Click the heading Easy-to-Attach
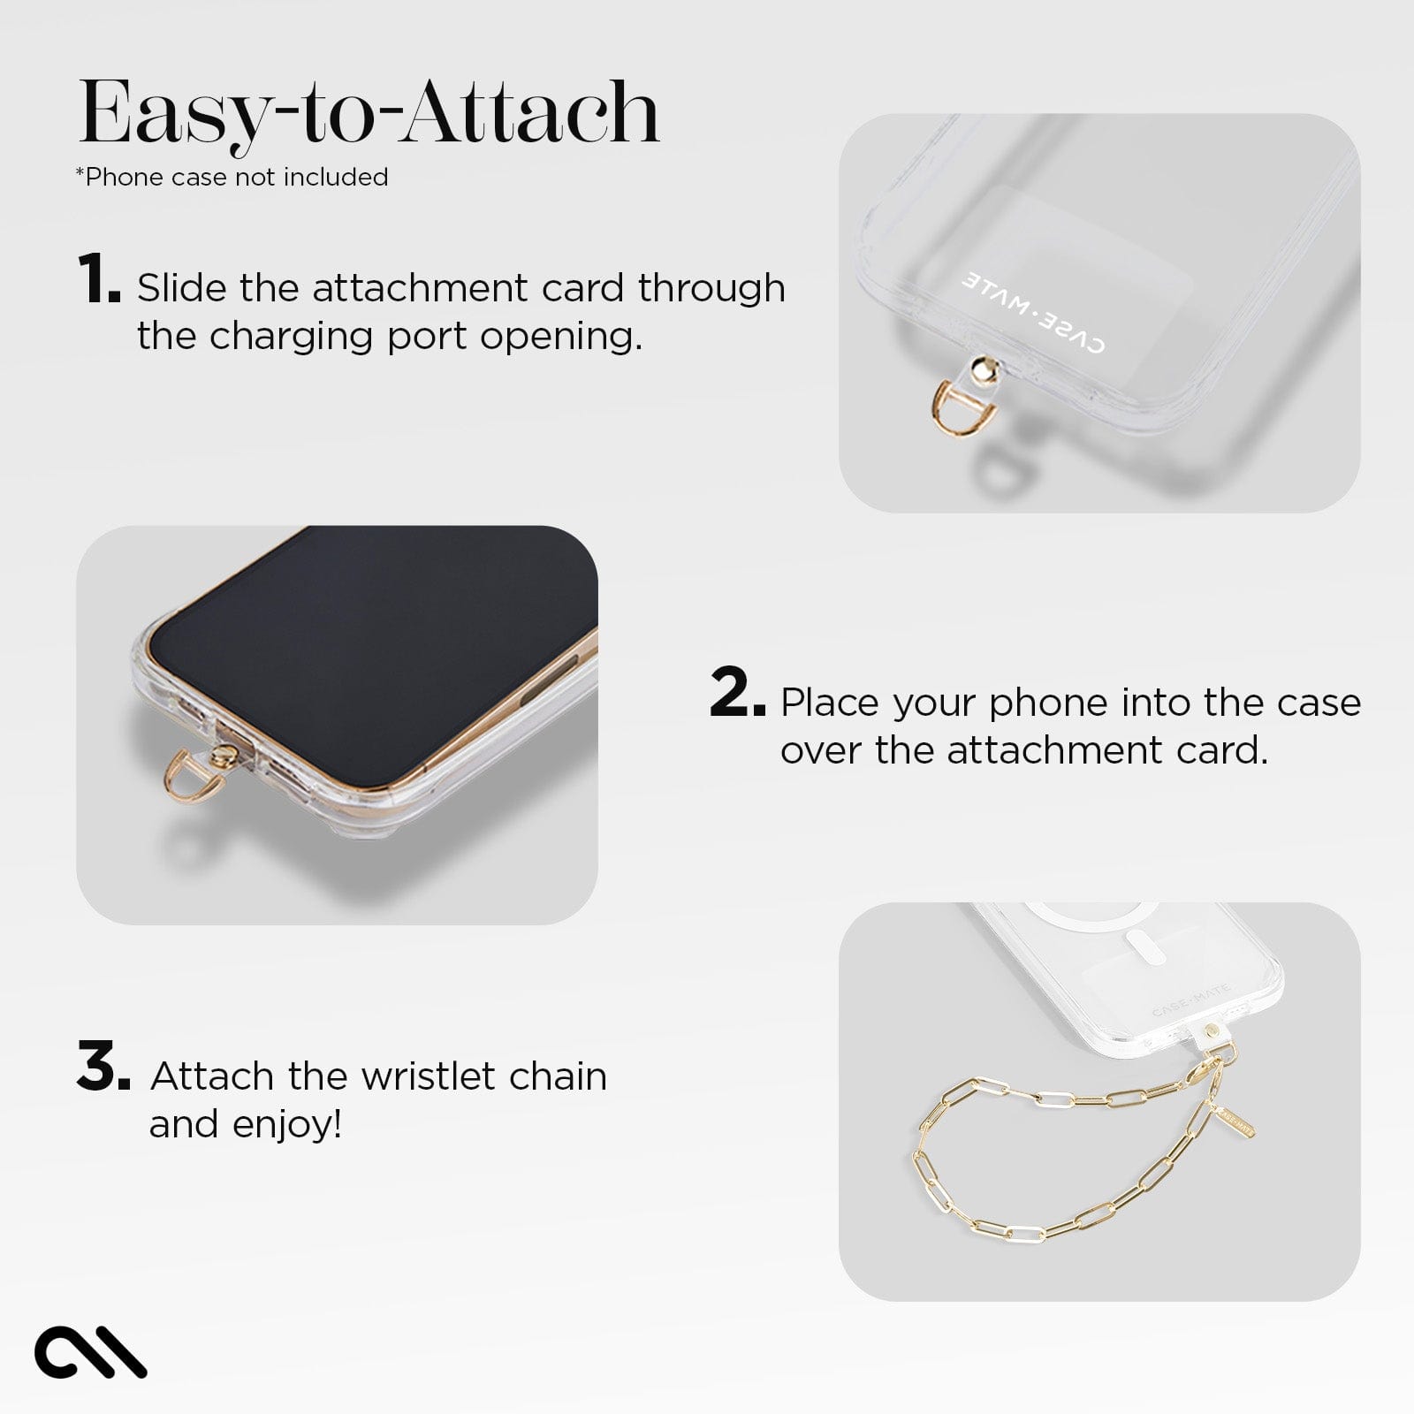(369, 113)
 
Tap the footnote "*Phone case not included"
(232, 177)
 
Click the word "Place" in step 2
(831, 703)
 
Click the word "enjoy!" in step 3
(286, 1124)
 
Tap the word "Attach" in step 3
(212, 1076)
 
